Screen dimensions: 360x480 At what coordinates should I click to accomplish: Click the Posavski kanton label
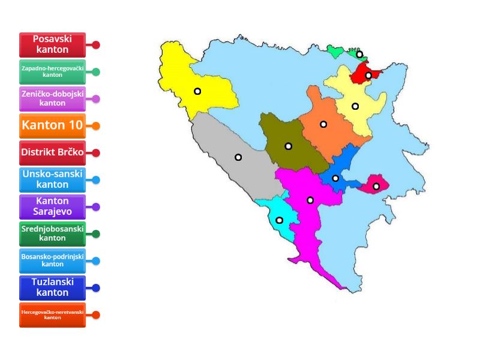pos(53,44)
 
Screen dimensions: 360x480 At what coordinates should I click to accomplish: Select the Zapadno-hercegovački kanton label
pos(53,72)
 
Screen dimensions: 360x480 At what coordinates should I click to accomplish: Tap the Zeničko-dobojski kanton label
pos(53,99)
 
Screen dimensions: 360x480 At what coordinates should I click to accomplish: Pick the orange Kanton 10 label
pos(53,126)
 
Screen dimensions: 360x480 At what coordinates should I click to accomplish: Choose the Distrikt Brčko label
pos(53,152)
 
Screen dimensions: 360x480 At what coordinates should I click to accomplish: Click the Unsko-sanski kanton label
pos(53,179)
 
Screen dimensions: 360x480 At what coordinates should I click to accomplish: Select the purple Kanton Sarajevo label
pos(53,206)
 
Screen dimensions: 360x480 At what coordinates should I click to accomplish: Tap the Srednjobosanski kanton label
pos(53,233)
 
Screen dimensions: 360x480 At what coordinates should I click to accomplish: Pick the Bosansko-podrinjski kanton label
pos(53,260)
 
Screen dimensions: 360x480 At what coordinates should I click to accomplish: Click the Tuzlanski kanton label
pos(53,287)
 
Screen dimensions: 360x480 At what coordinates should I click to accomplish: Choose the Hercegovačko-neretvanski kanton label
pos(53,314)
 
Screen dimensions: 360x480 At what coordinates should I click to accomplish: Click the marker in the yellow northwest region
pos(197,91)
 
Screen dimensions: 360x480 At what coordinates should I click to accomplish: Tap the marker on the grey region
pos(238,157)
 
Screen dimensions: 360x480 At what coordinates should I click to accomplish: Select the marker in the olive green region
pos(288,146)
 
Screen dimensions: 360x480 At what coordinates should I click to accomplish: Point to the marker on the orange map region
pos(323,124)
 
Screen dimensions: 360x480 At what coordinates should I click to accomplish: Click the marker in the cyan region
pos(279,220)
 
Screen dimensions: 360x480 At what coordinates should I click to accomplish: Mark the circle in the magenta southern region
pos(310,200)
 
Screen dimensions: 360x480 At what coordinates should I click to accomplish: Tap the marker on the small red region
pos(368,76)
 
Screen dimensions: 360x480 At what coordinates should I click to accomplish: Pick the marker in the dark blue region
pos(335,178)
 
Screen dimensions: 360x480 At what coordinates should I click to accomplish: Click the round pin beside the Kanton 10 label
pos(96,126)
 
